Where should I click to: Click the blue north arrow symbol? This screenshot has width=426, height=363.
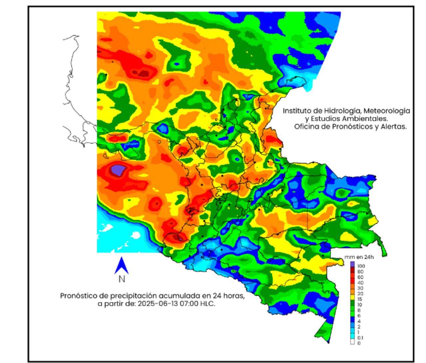click(x=121, y=266)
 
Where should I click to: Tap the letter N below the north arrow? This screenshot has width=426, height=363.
click(x=121, y=279)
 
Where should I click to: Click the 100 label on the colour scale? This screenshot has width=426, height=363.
click(x=361, y=266)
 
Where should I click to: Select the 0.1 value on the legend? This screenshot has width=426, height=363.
click(x=360, y=338)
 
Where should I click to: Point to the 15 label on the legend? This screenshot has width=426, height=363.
click(x=360, y=299)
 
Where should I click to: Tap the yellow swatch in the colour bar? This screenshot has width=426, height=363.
click(x=352, y=299)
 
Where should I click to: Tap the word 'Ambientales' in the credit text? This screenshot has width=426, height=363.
click(x=367, y=119)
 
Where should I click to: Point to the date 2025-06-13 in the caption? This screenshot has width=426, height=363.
click(x=154, y=304)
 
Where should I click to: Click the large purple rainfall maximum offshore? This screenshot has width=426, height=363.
click(x=117, y=170)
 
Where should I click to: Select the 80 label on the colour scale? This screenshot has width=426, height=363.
click(x=360, y=272)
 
